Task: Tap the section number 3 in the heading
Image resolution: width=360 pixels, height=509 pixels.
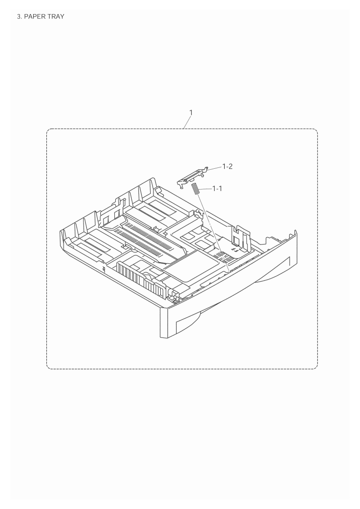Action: coord(18,17)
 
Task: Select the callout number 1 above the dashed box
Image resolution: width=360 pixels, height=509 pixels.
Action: coord(191,113)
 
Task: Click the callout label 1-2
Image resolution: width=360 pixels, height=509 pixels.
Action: coord(227,166)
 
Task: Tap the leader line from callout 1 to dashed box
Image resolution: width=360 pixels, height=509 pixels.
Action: coord(187,122)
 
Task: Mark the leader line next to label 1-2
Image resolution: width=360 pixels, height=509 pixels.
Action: coord(215,168)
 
